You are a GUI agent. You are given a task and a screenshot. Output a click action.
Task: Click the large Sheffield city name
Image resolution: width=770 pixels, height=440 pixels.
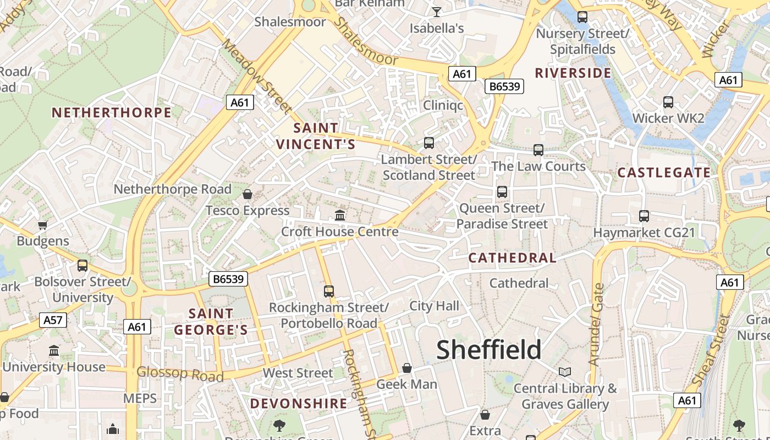point(488,350)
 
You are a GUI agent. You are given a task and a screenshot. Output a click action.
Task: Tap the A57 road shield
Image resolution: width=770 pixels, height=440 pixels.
point(53,320)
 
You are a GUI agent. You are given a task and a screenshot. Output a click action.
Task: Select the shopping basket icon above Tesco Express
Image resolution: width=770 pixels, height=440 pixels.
point(248,194)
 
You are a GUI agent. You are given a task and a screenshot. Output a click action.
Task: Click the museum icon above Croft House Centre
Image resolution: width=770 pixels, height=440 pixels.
point(340,215)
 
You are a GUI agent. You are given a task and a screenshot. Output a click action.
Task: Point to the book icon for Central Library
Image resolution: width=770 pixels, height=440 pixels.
point(565,372)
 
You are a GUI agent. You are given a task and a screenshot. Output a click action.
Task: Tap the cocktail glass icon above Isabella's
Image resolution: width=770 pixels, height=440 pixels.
point(437,12)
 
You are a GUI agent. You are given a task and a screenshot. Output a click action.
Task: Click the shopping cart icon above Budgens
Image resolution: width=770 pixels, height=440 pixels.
point(42,224)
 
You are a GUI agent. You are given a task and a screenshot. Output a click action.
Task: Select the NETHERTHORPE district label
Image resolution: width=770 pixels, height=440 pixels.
point(112,113)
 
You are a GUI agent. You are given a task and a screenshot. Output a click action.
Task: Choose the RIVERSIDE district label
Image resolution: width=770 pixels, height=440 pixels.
point(573,73)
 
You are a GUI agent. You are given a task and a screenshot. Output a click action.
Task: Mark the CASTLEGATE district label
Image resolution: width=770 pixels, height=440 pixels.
point(664,173)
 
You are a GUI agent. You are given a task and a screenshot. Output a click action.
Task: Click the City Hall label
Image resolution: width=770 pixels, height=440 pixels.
point(434,306)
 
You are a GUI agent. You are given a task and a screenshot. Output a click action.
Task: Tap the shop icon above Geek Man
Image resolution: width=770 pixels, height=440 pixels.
point(407,367)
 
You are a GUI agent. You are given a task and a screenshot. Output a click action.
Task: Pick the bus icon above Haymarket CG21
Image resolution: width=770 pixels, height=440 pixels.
point(644,216)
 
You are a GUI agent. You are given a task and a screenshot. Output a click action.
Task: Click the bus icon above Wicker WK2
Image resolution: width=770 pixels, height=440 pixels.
point(668,102)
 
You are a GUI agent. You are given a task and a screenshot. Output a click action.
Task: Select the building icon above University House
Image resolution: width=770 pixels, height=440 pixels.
point(54,350)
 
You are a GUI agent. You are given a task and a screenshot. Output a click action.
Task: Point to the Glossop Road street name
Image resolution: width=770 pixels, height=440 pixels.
point(180,374)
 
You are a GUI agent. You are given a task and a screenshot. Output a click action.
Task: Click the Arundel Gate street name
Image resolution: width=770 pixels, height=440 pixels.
point(596,324)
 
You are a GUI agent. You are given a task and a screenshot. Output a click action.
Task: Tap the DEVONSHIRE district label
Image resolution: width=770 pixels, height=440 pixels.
point(299,404)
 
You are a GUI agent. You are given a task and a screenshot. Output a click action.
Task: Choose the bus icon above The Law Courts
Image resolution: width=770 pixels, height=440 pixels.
point(538,150)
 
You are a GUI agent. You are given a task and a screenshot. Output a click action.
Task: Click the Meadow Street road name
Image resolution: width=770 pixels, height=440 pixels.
point(256,75)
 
